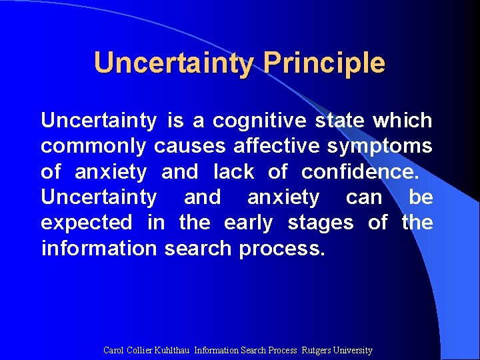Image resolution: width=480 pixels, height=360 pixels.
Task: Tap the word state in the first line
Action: click(x=340, y=121)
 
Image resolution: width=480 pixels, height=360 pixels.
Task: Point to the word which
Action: click(x=402, y=121)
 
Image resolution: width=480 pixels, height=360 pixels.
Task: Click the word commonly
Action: click(x=94, y=147)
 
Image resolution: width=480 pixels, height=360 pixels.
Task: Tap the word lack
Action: click(x=233, y=172)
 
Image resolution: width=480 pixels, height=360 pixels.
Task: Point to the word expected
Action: click(x=87, y=223)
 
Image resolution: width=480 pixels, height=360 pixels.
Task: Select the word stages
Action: click(x=320, y=223)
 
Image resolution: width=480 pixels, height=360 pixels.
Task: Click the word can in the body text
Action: click(x=364, y=197)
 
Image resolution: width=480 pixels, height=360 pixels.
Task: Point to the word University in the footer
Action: click(x=355, y=350)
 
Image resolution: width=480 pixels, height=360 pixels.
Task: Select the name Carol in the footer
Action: click(x=113, y=350)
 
